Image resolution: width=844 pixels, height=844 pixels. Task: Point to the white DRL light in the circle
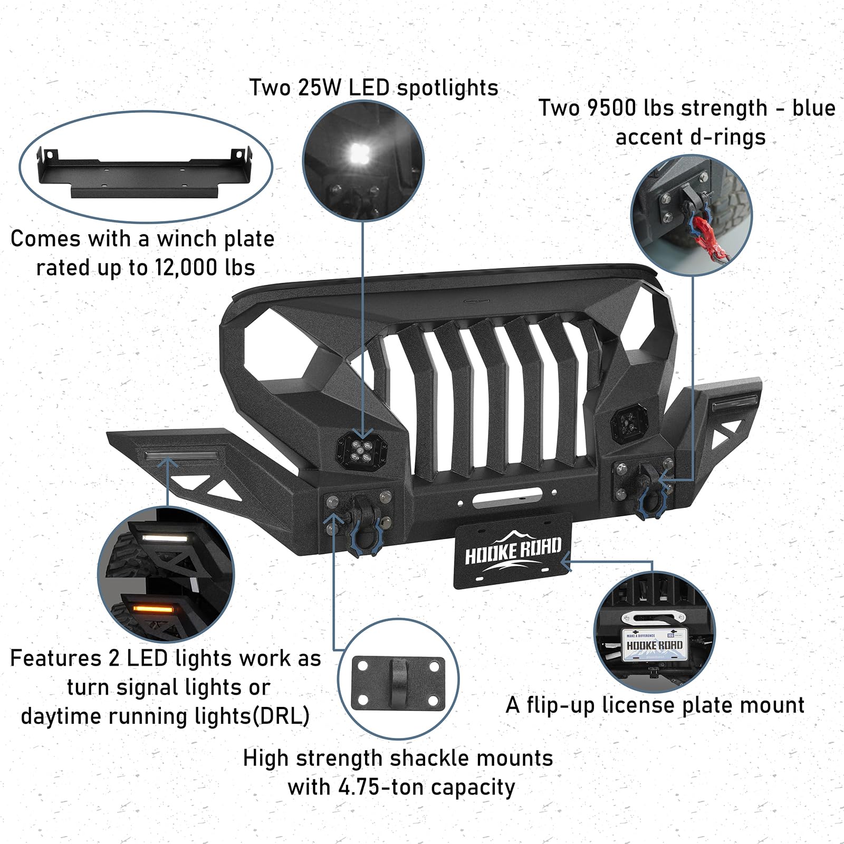point(165,538)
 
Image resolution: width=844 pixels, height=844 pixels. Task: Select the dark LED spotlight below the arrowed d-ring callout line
point(626,423)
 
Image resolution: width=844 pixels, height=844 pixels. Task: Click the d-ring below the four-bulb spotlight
point(361,533)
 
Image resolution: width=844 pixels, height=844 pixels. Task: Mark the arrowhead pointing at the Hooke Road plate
point(564,562)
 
